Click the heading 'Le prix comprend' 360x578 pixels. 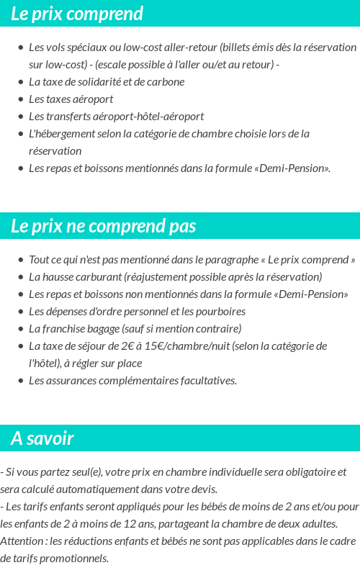[x=77, y=14]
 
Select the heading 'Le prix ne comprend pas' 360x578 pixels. [x=103, y=226]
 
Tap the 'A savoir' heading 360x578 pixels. [x=42, y=438]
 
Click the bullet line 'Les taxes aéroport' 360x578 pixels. [x=71, y=99]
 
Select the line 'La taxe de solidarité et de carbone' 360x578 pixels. [x=107, y=81]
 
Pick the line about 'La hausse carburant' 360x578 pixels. [x=175, y=276]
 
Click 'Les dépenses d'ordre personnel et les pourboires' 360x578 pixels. [x=137, y=311]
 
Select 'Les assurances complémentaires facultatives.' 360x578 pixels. [x=132, y=380]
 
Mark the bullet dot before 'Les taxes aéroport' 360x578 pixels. [x=21, y=99]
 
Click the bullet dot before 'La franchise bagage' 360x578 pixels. [x=21, y=329]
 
